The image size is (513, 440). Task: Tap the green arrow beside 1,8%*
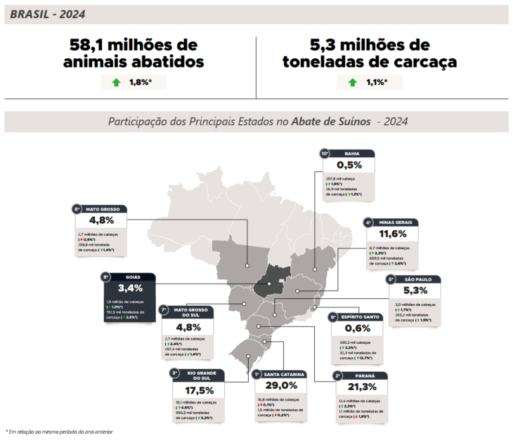coord(116,83)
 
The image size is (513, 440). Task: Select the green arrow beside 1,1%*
coord(353,83)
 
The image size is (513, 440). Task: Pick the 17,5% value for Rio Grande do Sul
coord(199,390)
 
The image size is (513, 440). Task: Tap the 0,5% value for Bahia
coord(349,165)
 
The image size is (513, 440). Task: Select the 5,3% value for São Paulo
coord(415,291)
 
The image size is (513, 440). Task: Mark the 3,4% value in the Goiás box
coord(131,288)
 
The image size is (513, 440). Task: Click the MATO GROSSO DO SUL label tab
coord(190,312)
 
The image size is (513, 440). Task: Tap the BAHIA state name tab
coord(352,153)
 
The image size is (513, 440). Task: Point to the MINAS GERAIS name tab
coord(398,222)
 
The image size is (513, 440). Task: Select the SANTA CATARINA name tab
coord(284,375)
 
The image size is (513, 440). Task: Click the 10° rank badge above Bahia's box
coord(325,153)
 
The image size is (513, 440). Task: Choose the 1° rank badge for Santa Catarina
coord(257,375)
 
